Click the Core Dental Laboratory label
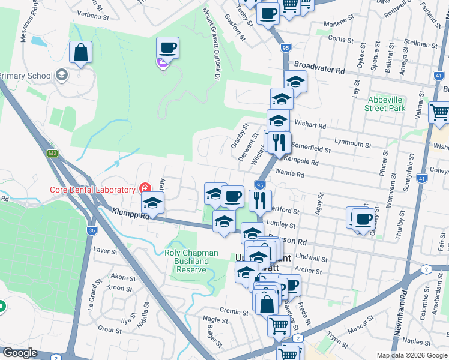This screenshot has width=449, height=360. [x=92, y=190]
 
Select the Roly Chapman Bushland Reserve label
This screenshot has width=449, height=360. [x=187, y=261]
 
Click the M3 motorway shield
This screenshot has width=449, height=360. [x=53, y=154]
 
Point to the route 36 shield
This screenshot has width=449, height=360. [x=91, y=230]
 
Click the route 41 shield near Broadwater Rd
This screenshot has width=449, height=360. [x=439, y=75]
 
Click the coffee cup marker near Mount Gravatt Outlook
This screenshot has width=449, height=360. [x=168, y=47]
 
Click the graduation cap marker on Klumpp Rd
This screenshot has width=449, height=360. [x=153, y=203]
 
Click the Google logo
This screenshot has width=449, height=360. [x=20, y=353]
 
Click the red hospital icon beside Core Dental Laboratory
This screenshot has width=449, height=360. [x=144, y=188]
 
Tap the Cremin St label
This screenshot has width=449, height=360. [x=234, y=312]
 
